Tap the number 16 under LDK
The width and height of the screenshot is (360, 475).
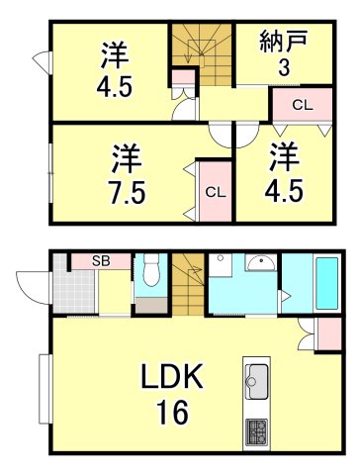pyautogui.click(x=171, y=412)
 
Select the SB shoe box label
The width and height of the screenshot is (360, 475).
pyautogui.click(x=100, y=261)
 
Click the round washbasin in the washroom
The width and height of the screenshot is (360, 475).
pyautogui.click(x=261, y=263)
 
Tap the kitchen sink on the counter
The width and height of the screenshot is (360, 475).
pyautogui.click(x=257, y=379)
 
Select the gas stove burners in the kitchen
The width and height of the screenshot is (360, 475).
pyautogui.click(x=257, y=431)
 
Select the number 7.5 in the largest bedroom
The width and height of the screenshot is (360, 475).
pyautogui.click(x=126, y=190)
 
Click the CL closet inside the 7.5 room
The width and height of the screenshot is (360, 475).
pyautogui.click(x=214, y=191)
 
